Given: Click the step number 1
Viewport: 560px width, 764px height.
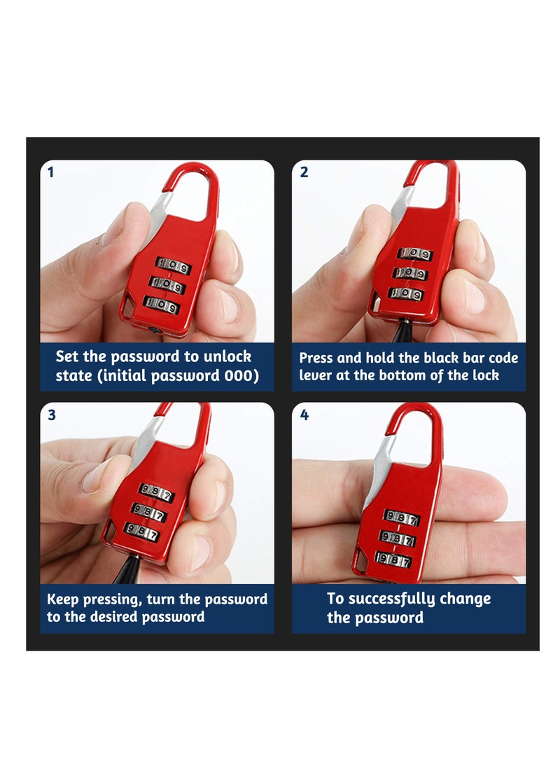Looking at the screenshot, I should coord(50,172).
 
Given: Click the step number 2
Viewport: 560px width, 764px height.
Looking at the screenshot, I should coord(304,172).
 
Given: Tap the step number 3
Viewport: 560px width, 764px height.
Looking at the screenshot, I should coord(51,415).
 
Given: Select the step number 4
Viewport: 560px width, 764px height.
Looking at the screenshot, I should coord(304,415).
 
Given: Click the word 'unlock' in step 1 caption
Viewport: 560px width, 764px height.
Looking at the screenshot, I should coord(225,356).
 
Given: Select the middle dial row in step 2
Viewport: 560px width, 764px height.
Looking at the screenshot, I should coord(410,273).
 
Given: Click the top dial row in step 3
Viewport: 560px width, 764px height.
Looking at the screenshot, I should coord(155,493).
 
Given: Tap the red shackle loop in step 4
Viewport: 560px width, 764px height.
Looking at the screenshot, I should coord(414,424).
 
